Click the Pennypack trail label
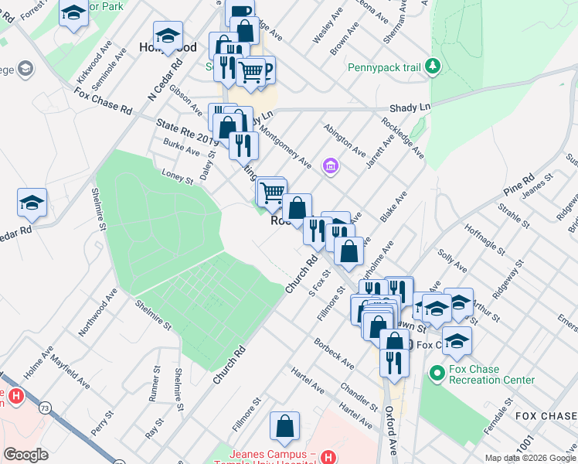pos(384,67)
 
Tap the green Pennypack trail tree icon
pos(433,67)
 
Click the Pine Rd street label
pos(518,189)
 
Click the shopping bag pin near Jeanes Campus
pos(284,425)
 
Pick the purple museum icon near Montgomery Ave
pos(331,165)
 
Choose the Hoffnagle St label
pos(485,241)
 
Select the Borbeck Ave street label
pos(334,352)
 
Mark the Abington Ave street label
pos(345,138)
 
